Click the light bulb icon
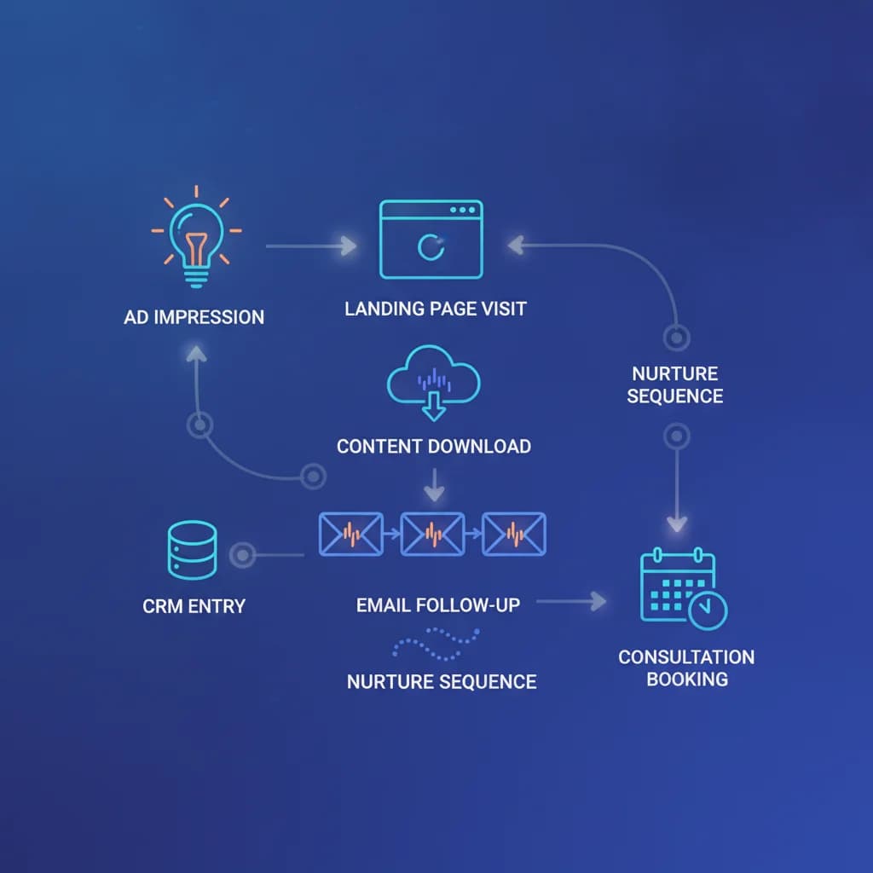click(x=196, y=245)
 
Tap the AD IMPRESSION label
click(x=194, y=317)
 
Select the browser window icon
click(x=431, y=240)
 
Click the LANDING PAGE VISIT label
click(x=436, y=309)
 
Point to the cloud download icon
click(x=434, y=383)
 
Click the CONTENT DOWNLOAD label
click(x=434, y=447)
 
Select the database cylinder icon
click(x=192, y=550)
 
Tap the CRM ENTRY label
click(x=194, y=606)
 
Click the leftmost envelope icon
click(x=350, y=535)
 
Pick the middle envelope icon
click(x=432, y=535)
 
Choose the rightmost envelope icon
click(x=514, y=535)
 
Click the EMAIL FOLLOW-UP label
click(x=438, y=605)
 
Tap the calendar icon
click(x=684, y=588)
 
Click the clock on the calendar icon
click(x=708, y=610)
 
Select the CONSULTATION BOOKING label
click(x=686, y=668)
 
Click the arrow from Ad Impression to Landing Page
click(x=311, y=246)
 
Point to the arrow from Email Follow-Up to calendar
click(x=571, y=601)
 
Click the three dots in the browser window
click(x=463, y=210)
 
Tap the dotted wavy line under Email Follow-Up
click(x=436, y=645)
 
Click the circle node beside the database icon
click(x=243, y=555)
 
